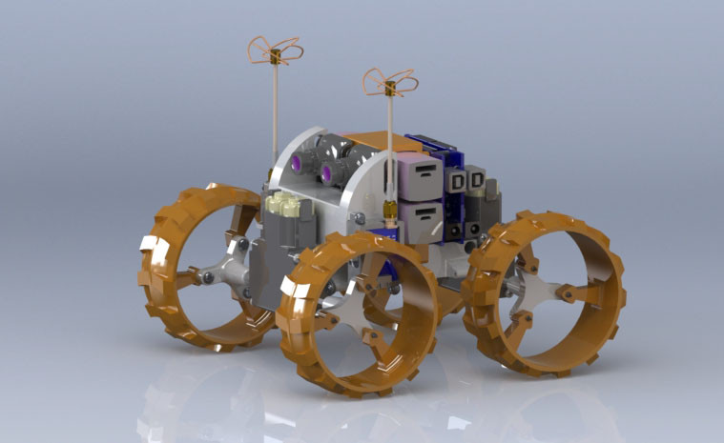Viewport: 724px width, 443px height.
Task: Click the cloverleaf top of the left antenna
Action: pos(275,50)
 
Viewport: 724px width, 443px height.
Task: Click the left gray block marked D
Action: pos(458,180)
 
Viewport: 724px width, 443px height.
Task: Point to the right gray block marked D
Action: pos(476,178)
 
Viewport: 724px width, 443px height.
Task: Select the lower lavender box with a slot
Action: pos(420,218)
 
